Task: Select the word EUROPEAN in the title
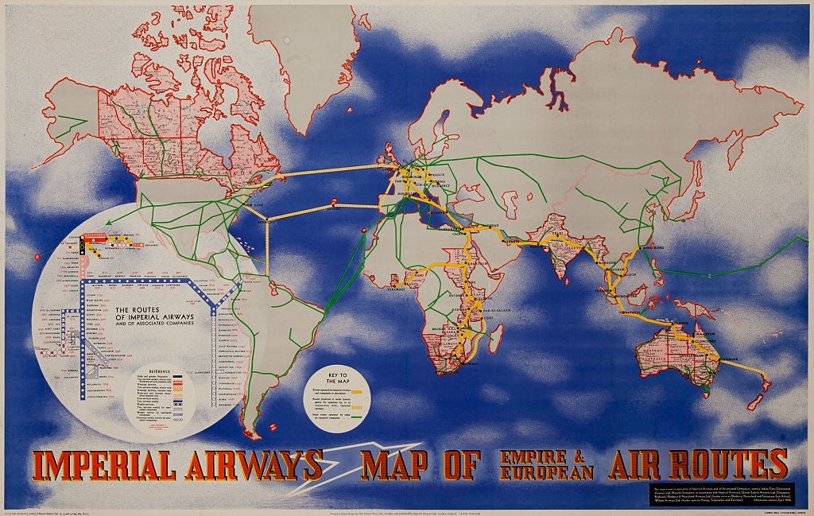tap(547, 472)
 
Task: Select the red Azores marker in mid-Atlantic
tap(334, 201)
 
